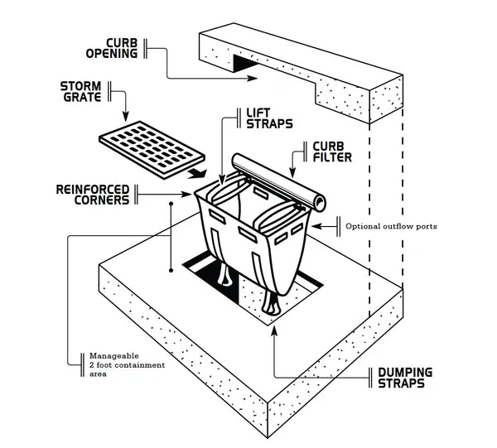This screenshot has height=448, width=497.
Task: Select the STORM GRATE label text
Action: [x=82, y=91]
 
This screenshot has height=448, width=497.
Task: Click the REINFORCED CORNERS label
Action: [x=92, y=195]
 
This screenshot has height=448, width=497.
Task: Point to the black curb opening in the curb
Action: [x=246, y=63]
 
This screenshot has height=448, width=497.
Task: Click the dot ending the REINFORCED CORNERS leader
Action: [x=171, y=201]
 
